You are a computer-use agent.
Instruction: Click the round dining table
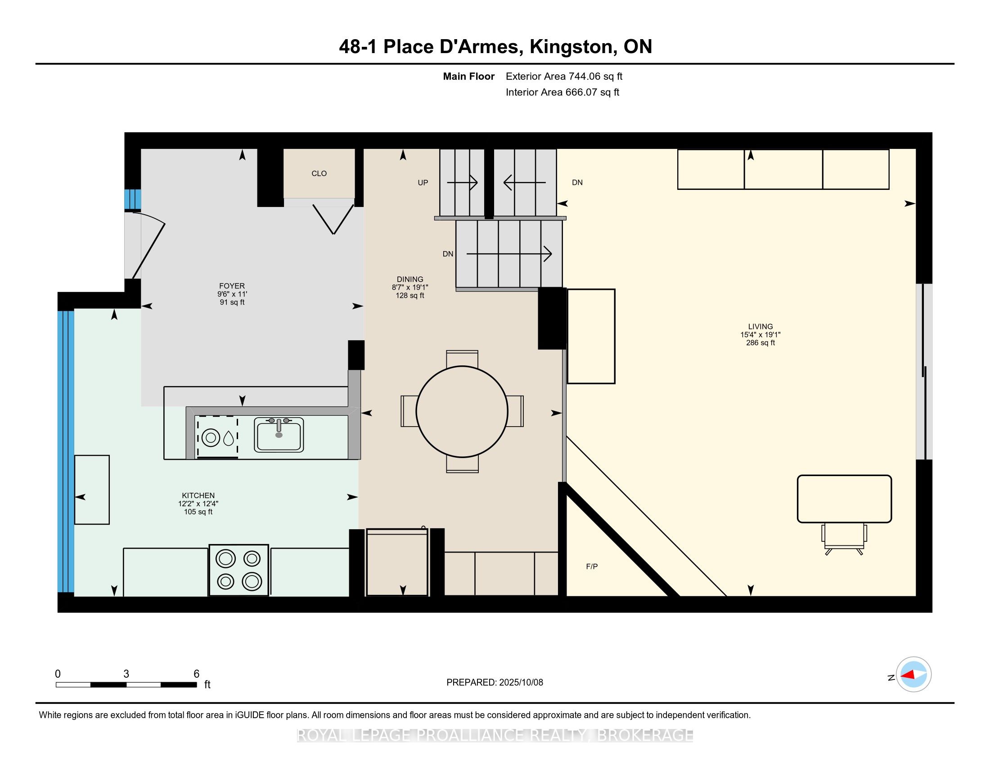[462, 411]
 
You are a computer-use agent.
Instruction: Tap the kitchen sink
[279, 435]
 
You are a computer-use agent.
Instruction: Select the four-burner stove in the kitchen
[239, 570]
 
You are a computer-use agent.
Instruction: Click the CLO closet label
[319, 174]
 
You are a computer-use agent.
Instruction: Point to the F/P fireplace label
[592, 567]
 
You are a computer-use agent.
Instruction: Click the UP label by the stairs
[423, 183]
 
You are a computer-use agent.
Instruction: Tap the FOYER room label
[232, 286]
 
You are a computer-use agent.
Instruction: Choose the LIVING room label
[760, 326]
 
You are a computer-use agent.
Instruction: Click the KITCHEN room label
[198, 495]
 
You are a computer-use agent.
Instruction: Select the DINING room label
[410, 279]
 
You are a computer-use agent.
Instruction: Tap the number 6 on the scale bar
[196, 674]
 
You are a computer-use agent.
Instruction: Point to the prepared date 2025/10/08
[521, 683]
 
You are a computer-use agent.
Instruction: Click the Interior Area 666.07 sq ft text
[562, 92]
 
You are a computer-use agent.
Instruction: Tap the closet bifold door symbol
[333, 219]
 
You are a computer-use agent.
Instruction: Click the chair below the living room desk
[844, 539]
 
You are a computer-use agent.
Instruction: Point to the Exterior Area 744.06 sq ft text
[564, 76]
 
